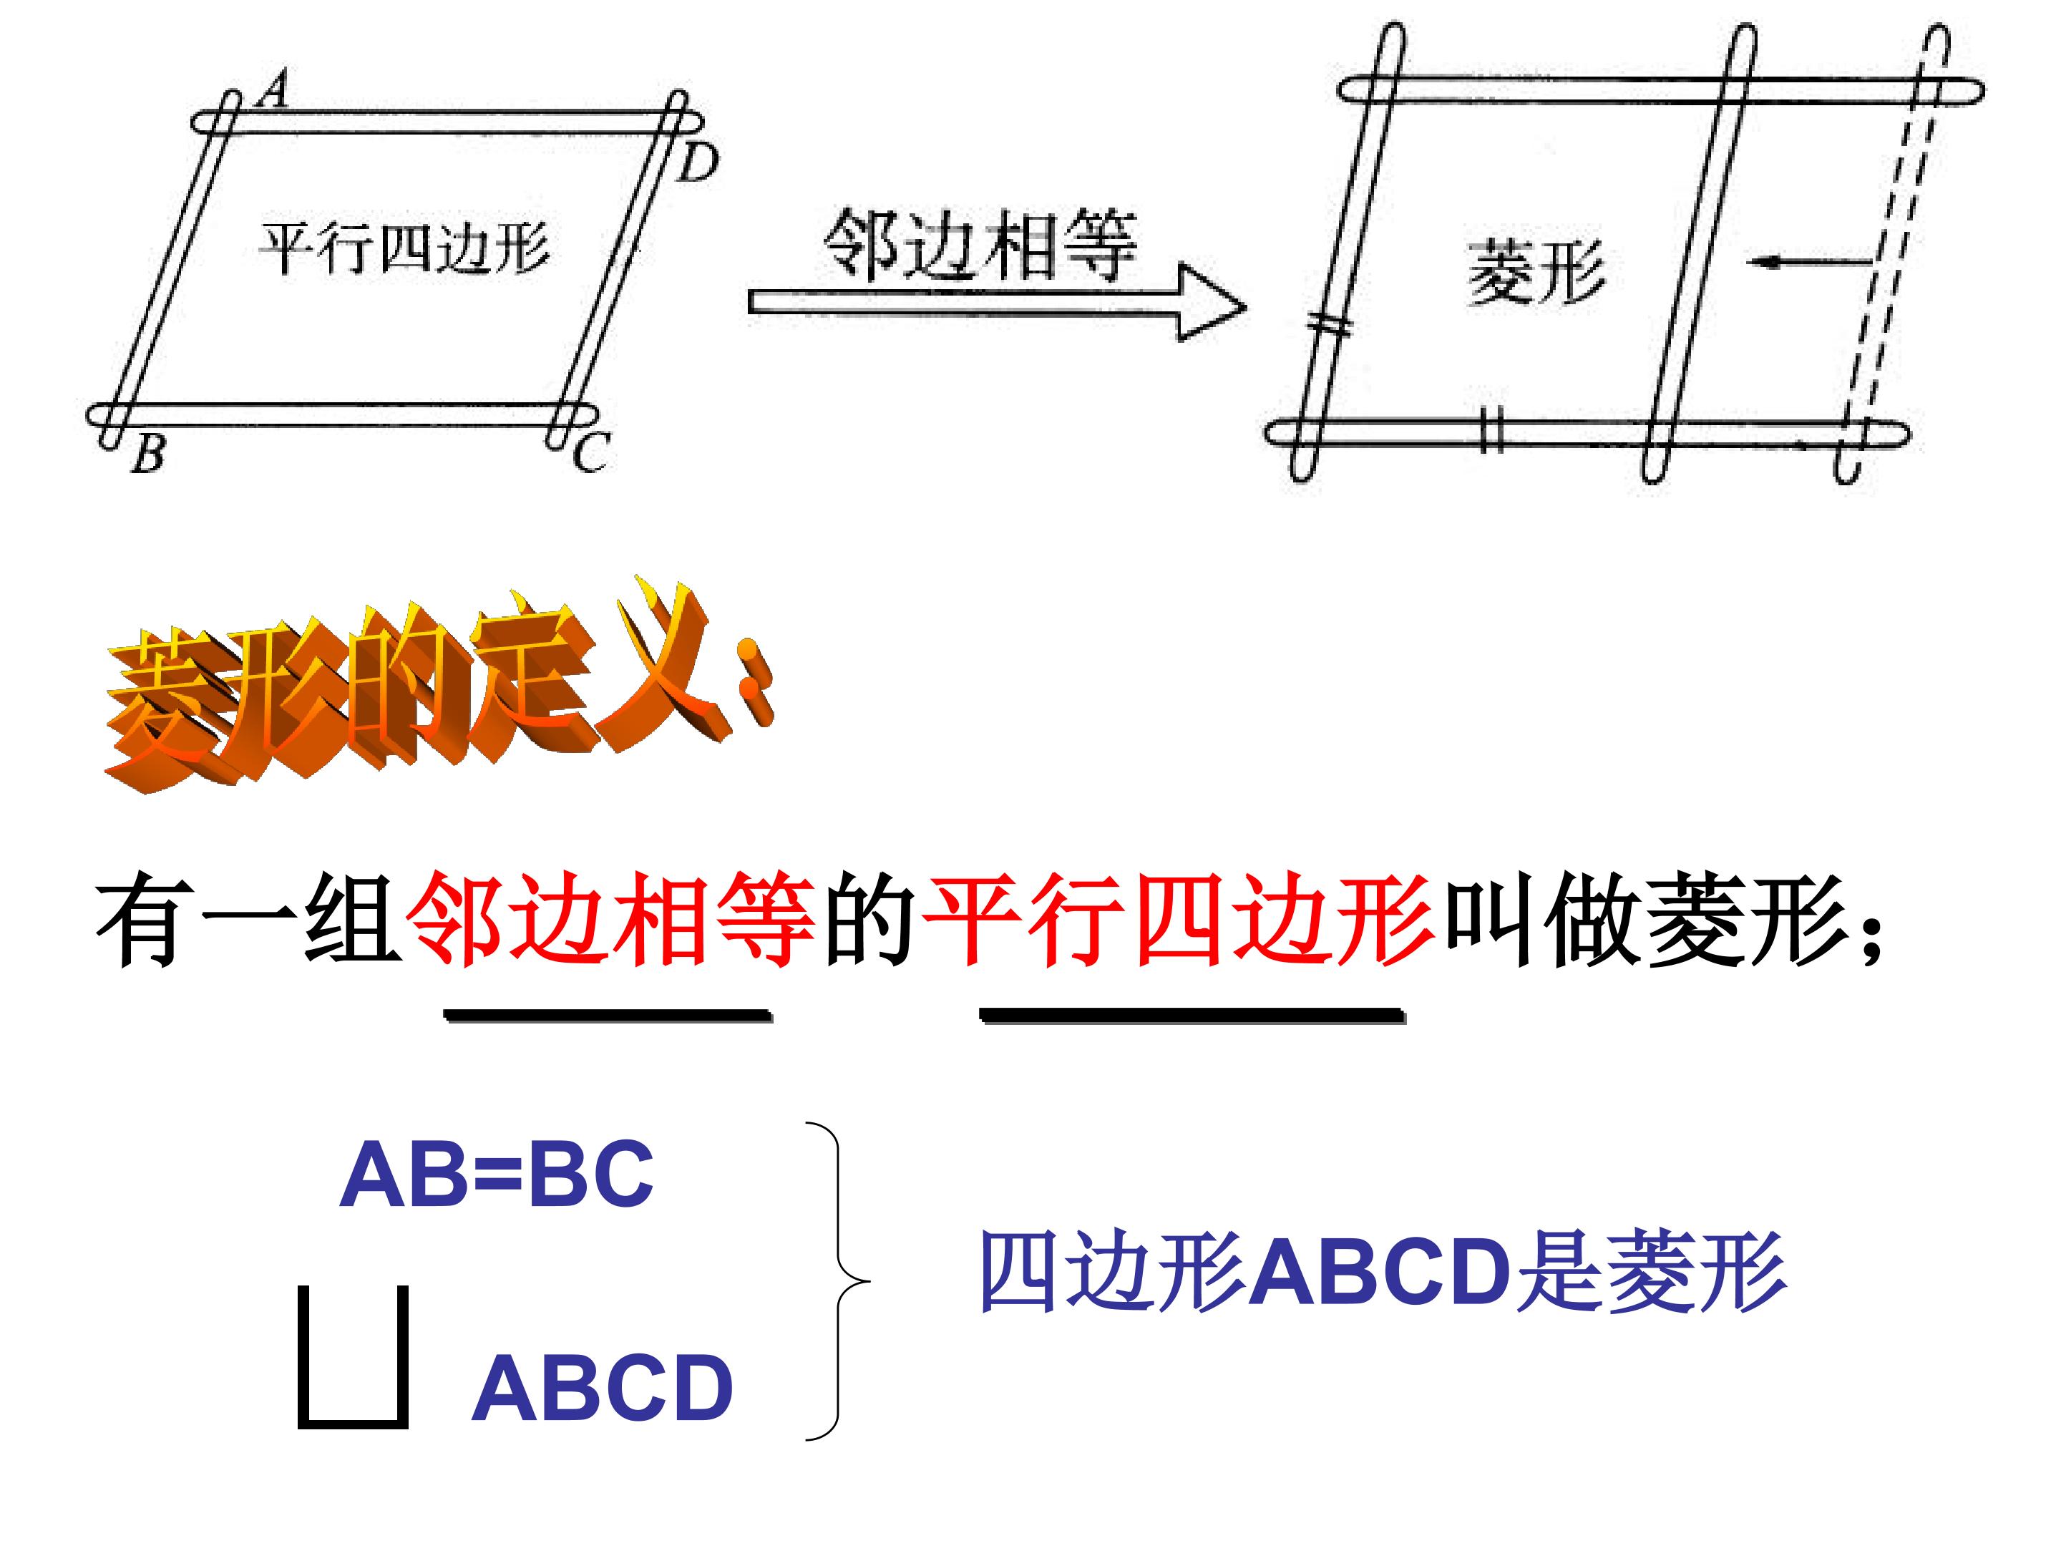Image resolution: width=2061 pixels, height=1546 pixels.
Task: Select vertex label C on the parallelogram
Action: pyautogui.click(x=590, y=454)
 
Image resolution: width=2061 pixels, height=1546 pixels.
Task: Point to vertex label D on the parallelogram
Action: pyautogui.click(x=698, y=162)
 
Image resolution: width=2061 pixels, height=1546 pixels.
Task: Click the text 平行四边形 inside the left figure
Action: pyautogui.click(x=404, y=248)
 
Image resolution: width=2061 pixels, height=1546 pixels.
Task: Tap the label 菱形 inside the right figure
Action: pyautogui.click(x=1536, y=271)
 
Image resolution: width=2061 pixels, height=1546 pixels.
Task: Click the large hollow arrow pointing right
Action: pyautogui.click(x=997, y=302)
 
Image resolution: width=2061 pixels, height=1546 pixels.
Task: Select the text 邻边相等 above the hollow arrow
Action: pyautogui.click(x=981, y=244)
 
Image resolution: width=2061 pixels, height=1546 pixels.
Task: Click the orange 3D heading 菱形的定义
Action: pyautogui.click(x=438, y=684)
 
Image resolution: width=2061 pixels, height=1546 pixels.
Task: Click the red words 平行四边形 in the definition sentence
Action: pyautogui.click(x=1178, y=920)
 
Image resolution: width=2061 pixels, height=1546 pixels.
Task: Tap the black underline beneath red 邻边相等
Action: pyautogui.click(x=608, y=1016)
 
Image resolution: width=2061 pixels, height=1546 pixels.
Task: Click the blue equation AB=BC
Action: pyautogui.click(x=497, y=1175)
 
